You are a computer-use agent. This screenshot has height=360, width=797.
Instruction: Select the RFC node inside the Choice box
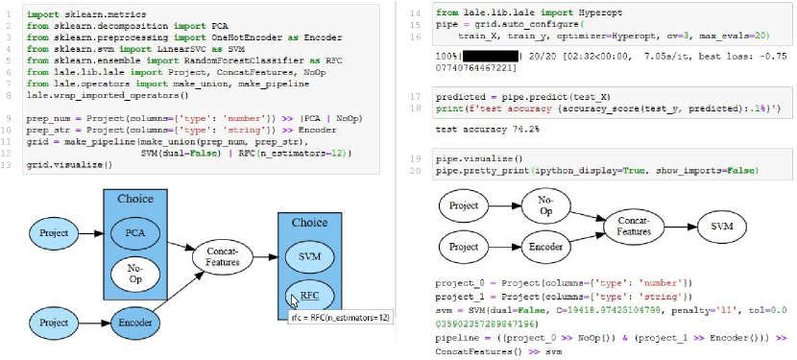pyautogui.click(x=310, y=294)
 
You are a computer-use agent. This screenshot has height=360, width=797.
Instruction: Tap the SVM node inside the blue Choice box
pyautogui.click(x=310, y=257)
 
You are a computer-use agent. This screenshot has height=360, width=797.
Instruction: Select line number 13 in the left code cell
pyautogui.click(x=10, y=164)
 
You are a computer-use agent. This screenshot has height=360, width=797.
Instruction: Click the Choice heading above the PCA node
pyautogui.click(x=135, y=199)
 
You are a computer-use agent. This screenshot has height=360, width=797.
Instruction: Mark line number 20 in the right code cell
pyautogui.click(x=418, y=170)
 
